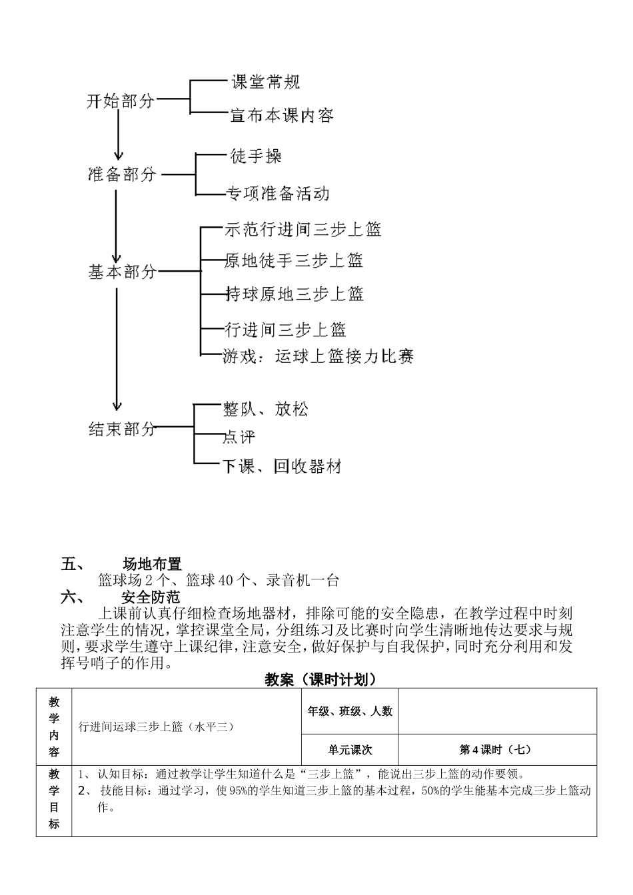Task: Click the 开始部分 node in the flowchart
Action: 121,101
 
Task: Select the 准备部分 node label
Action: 123,174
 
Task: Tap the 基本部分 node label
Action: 123,272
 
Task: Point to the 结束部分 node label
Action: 123,429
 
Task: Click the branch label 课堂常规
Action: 265,82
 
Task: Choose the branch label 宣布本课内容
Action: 282,116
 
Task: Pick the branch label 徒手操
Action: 256,156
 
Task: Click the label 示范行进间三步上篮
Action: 303,230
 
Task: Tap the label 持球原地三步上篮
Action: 295,294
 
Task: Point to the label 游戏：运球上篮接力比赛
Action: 318,357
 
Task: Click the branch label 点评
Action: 239,438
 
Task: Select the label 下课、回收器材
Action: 281,467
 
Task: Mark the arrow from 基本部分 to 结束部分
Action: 118,346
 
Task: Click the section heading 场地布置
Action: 152,564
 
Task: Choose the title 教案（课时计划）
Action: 321,679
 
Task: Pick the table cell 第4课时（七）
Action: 496,749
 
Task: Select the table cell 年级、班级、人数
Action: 350,711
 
